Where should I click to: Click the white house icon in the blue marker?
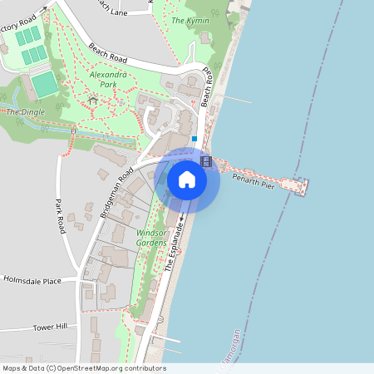187,180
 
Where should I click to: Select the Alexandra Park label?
107,80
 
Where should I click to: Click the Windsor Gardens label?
152,239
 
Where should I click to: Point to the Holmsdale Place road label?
32,281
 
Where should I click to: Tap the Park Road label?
60,216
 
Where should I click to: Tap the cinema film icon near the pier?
205,160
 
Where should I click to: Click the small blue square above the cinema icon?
194,139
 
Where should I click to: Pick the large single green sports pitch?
43,85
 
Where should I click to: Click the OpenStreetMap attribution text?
84,368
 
